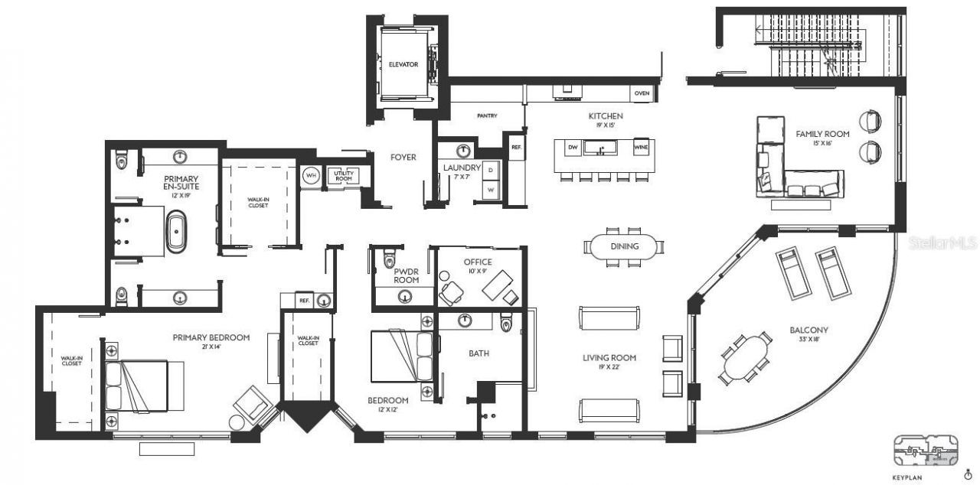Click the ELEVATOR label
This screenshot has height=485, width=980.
tap(403, 64)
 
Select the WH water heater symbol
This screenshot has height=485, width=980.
tap(311, 174)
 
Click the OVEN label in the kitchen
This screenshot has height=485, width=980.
tap(642, 93)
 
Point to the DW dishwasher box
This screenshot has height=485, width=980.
tap(572, 146)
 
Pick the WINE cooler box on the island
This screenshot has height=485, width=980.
tap(642, 146)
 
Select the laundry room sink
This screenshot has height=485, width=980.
tap(463, 150)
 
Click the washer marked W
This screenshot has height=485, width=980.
tap(491, 188)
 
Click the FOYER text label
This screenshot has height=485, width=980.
tap(403, 158)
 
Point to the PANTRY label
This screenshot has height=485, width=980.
tap(487, 116)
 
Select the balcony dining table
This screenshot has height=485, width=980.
tap(746, 356)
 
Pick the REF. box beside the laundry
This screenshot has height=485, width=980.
tap(516, 147)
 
